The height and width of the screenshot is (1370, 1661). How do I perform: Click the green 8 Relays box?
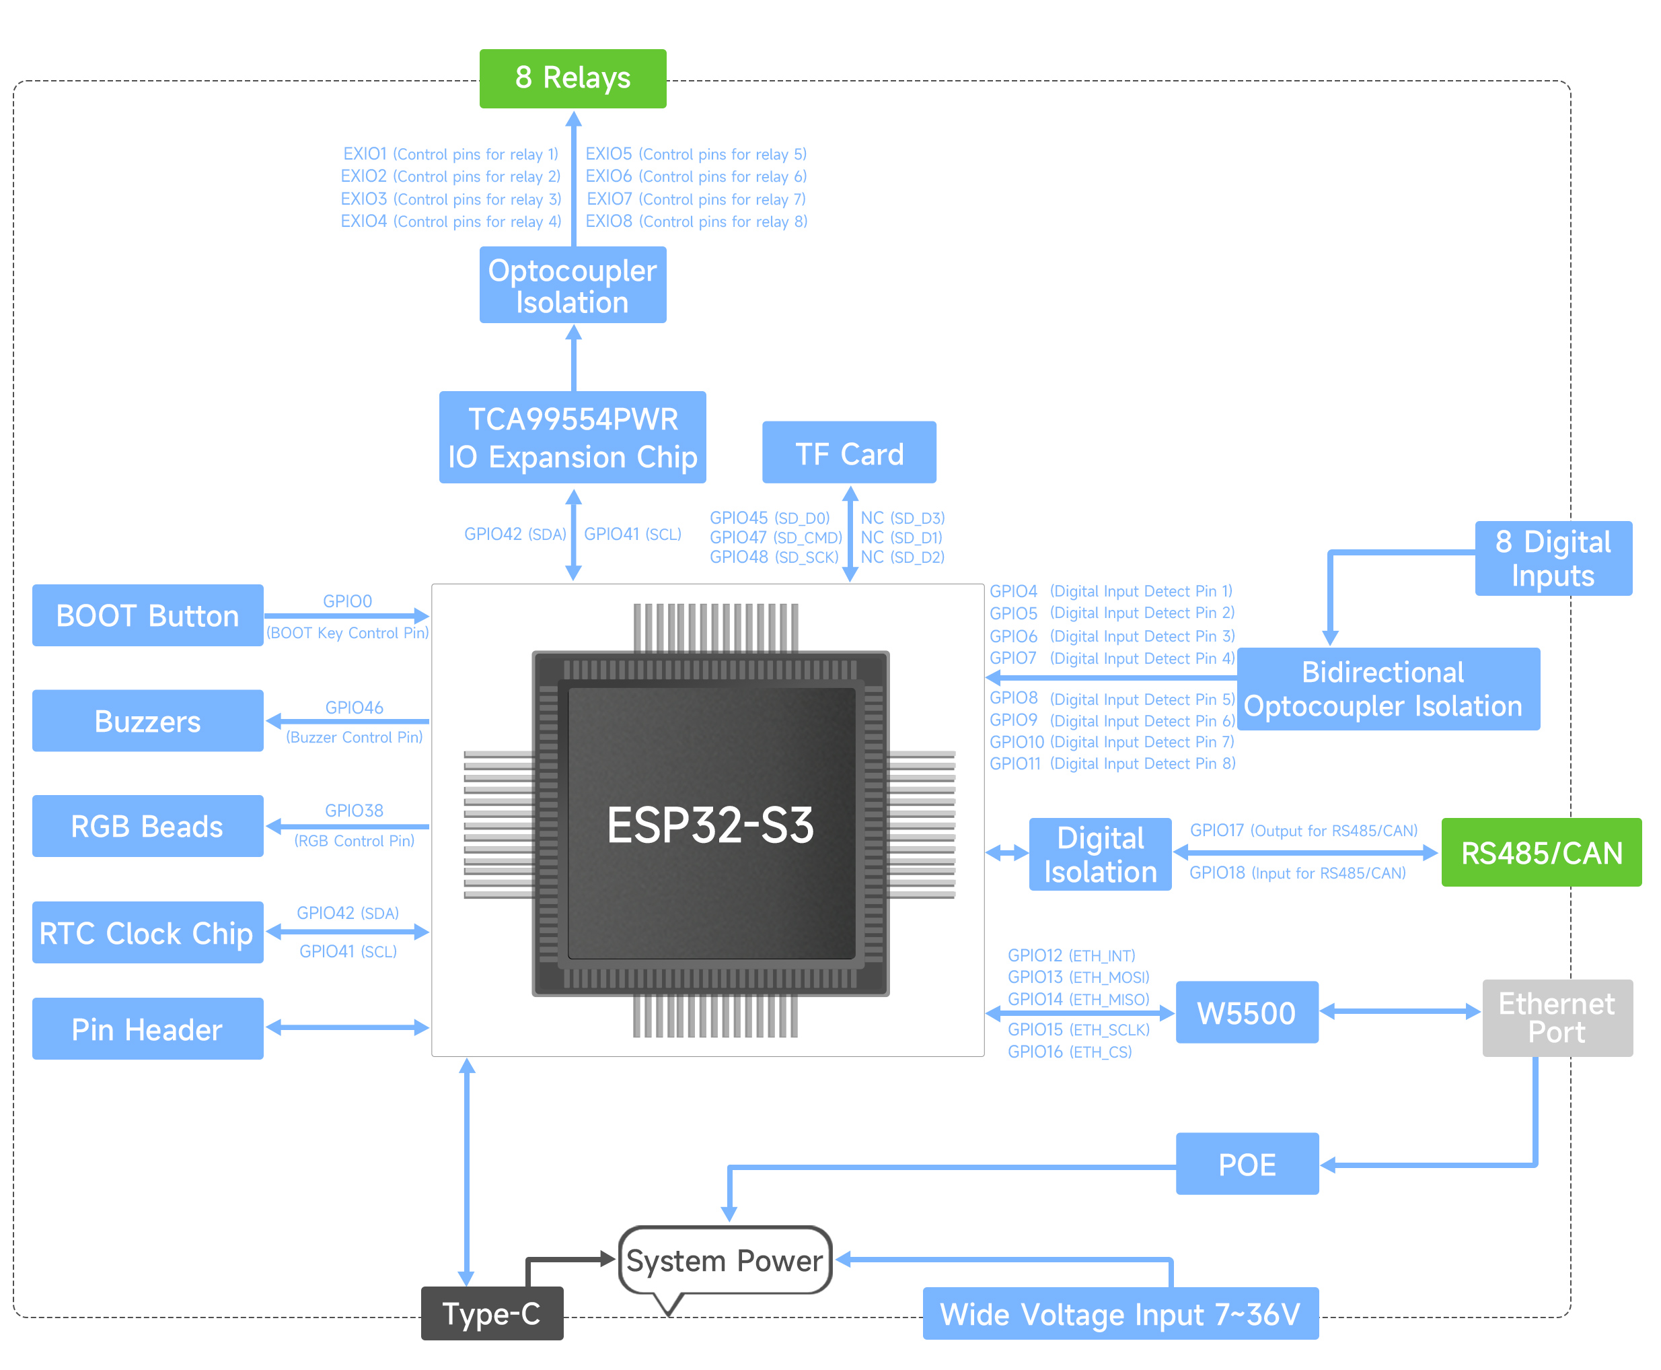click(x=573, y=78)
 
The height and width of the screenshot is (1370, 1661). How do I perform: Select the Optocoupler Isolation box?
click(x=573, y=285)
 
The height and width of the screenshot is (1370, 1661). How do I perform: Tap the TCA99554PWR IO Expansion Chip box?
click(x=573, y=437)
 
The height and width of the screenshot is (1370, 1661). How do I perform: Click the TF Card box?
click(x=848, y=452)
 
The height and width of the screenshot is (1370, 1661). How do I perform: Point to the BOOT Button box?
click(x=147, y=615)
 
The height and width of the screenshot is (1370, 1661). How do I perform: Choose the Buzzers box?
click(x=147, y=721)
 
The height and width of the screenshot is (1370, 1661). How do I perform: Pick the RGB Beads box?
click(x=147, y=826)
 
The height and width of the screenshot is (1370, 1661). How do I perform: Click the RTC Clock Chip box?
click(x=147, y=933)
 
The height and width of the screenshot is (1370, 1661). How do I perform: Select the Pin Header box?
click(x=147, y=1029)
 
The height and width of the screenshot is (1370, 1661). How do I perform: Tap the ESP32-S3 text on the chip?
click(x=710, y=825)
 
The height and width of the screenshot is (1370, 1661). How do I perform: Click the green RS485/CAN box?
click(x=1541, y=852)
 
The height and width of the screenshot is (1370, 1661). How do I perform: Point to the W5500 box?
click(x=1246, y=1013)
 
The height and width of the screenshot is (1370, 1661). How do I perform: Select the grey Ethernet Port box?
click(x=1556, y=1018)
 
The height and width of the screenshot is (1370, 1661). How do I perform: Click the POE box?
click(x=1246, y=1164)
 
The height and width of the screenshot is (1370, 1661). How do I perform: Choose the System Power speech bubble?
click(x=724, y=1260)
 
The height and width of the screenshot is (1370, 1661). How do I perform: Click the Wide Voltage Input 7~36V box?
click(x=1120, y=1314)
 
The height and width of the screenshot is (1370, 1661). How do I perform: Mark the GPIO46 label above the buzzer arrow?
click(x=354, y=707)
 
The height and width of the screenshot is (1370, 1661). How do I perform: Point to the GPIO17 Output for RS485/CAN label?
click(x=1303, y=830)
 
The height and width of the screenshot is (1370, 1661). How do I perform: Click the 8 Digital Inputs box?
click(x=1552, y=558)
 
